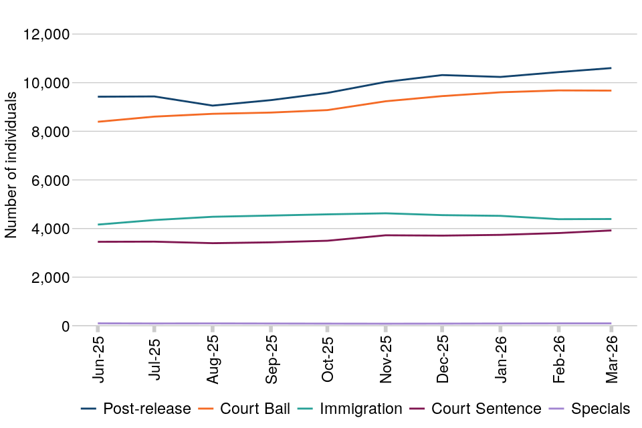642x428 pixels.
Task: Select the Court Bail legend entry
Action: pos(249,409)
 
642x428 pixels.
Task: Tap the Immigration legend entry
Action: pos(352,409)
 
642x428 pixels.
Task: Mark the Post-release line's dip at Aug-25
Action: pos(213,106)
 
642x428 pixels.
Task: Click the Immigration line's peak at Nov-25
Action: pos(385,213)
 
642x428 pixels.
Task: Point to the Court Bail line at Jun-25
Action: pos(98,122)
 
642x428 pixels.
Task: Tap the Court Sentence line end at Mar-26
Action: pos(611,231)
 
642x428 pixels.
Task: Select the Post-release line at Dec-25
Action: pos(442,75)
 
